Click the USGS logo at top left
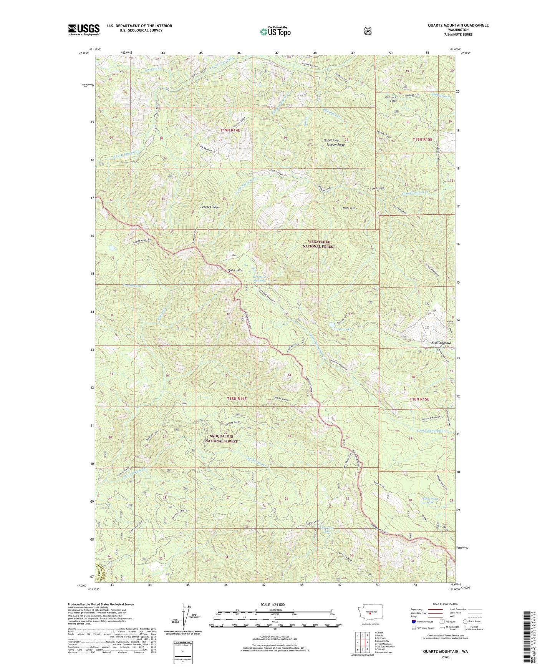(84, 30)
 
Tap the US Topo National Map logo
(275, 32)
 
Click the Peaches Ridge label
(210, 207)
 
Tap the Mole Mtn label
(348, 208)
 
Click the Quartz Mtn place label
(235, 270)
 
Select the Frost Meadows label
(441, 342)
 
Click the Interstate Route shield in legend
(413, 621)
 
